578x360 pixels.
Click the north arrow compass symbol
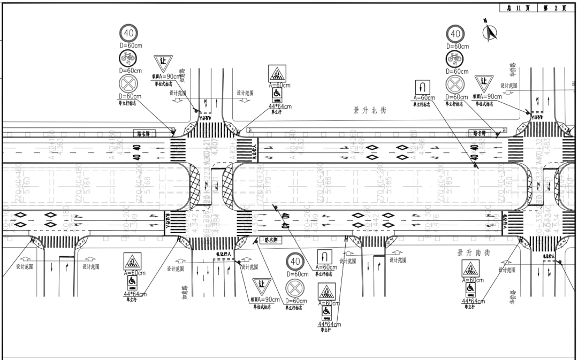click(x=489, y=33)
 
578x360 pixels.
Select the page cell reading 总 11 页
click(x=515, y=8)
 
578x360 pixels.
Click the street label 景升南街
click(x=474, y=252)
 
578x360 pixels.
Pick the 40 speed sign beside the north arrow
click(x=455, y=34)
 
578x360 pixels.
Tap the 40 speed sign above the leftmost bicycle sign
click(x=129, y=33)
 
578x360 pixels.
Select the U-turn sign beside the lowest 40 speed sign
click(x=325, y=256)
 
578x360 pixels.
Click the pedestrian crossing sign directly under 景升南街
click(x=470, y=269)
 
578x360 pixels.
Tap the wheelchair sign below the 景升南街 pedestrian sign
click(x=470, y=290)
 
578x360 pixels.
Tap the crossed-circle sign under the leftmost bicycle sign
click(x=129, y=83)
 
